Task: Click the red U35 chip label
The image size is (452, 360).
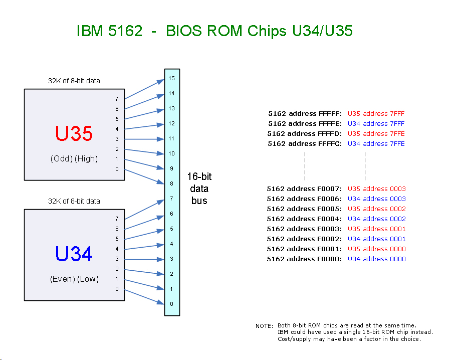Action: pyautogui.click(x=74, y=134)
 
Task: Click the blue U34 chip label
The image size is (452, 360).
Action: pyautogui.click(x=74, y=254)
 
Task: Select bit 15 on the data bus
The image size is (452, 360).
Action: pyautogui.click(x=171, y=79)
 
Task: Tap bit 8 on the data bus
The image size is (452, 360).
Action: pyautogui.click(x=171, y=184)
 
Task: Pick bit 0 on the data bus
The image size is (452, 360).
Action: pyautogui.click(x=171, y=304)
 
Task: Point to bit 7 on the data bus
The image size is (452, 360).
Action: pyautogui.click(x=171, y=199)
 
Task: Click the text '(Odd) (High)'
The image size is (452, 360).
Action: pyautogui.click(x=74, y=158)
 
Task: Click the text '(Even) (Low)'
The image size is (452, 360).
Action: pyautogui.click(x=74, y=279)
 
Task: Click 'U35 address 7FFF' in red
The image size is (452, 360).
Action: pyautogui.click(x=376, y=113)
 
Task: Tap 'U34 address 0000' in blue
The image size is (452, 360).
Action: pyautogui.click(x=376, y=259)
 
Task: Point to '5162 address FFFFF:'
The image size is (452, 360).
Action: pyautogui.click(x=305, y=113)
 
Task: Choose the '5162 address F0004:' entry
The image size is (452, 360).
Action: pyautogui.click(x=304, y=219)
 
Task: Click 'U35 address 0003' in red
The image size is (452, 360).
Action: pyautogui.click(x=376, y=189)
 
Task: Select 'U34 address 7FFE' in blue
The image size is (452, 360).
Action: pyautogui.click(x=376, y=143)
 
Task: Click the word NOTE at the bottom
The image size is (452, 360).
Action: pyautogui.click(x=264, y=326)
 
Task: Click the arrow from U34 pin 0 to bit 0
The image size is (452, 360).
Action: pyautogui.click(x=144, y=296)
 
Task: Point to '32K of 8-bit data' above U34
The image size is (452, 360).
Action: pyautogui.click(x=74, y=201)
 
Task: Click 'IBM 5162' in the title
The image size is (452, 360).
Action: pyautogui.click(x=109, y=31)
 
